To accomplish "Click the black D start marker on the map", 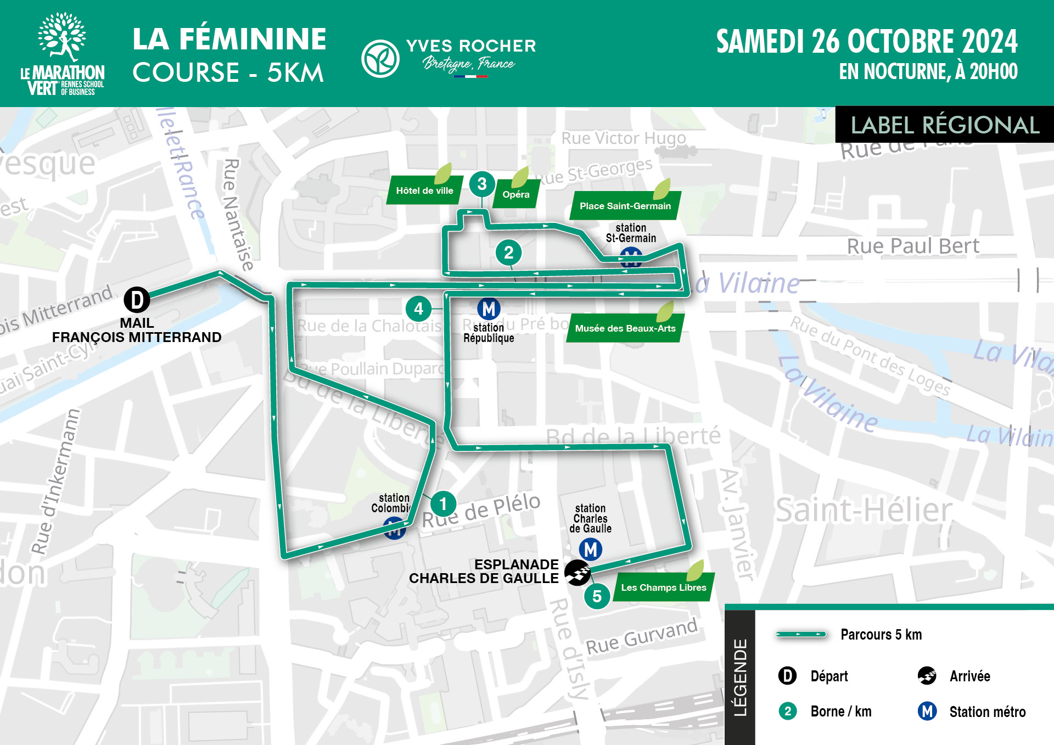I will coord(137,300).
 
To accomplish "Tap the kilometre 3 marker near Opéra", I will coord(481,184).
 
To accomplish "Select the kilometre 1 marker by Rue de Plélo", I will coord(443,504).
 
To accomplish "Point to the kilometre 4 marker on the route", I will coord(418,309).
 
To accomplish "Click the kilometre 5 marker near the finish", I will coord(597,596).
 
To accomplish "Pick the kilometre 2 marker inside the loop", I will coord(508,253).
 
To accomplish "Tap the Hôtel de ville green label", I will coord(424,191).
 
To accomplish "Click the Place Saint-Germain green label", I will coord(625,206).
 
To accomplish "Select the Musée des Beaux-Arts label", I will coord(625,328).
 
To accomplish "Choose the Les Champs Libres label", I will coord(663,587).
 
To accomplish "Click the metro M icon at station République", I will coord(489,309).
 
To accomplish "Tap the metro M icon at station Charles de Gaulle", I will coord(591,549).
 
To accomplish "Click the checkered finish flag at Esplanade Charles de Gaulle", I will coord(578,573).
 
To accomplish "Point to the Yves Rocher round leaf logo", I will coord(380,58).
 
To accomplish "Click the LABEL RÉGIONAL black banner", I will coord(944,125).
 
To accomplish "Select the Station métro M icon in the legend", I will coord(927,712).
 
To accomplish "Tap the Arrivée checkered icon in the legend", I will coord(927,676).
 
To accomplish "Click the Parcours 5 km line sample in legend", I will coord(800,635).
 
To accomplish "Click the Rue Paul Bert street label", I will coord(912,246).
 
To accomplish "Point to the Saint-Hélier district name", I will coord(863,511).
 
